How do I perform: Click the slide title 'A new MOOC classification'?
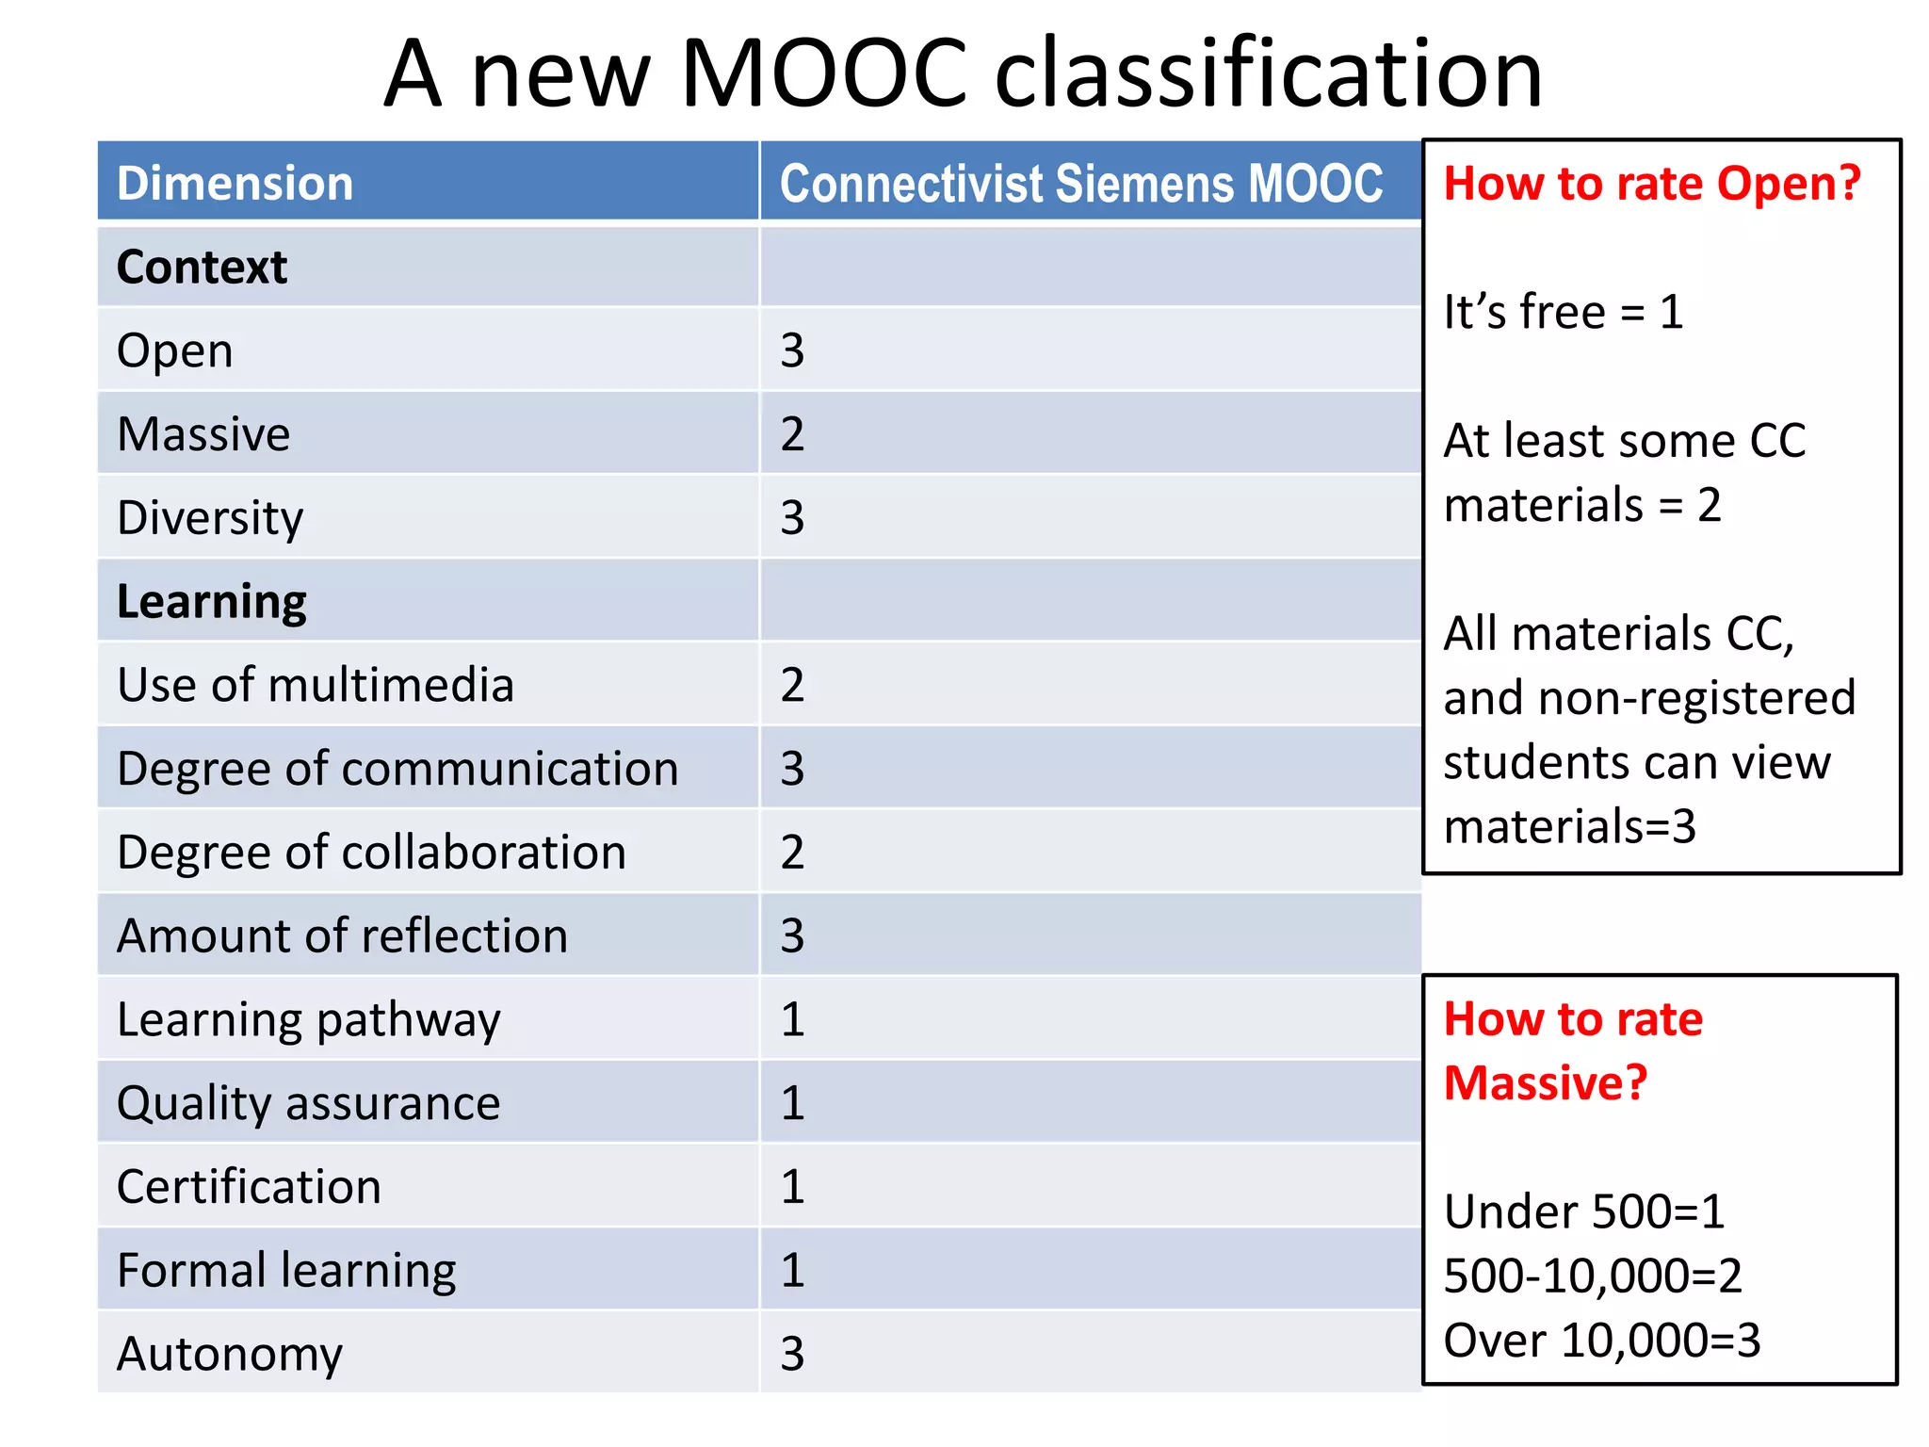click(963, 73)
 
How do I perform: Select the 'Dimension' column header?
click(235, 183)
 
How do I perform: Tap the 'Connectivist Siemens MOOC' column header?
click(1080, 183)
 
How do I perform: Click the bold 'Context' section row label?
click(202, 267)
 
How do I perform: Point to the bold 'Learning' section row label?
click(211, 601)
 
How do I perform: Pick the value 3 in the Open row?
click(792, 350)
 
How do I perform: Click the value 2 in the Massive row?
click(792, 434)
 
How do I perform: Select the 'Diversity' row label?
click(210, 518)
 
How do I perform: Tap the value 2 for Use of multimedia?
click(792, 685)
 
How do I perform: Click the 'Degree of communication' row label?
click(397, 769)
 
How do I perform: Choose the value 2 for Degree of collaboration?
click(792, 853)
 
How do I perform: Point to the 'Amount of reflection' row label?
click(342, 936)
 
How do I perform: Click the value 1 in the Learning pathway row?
click(792, 1019)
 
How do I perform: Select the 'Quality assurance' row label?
click(308, 1103)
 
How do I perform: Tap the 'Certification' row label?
click(249, 1187)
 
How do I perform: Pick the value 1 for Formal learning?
click(792, 1270)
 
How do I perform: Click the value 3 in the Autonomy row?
click(792, 1354)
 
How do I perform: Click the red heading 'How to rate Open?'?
click(1652, 183)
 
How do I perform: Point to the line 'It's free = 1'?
click(1564, 312)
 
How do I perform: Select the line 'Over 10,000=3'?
click(1601, 1340)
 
